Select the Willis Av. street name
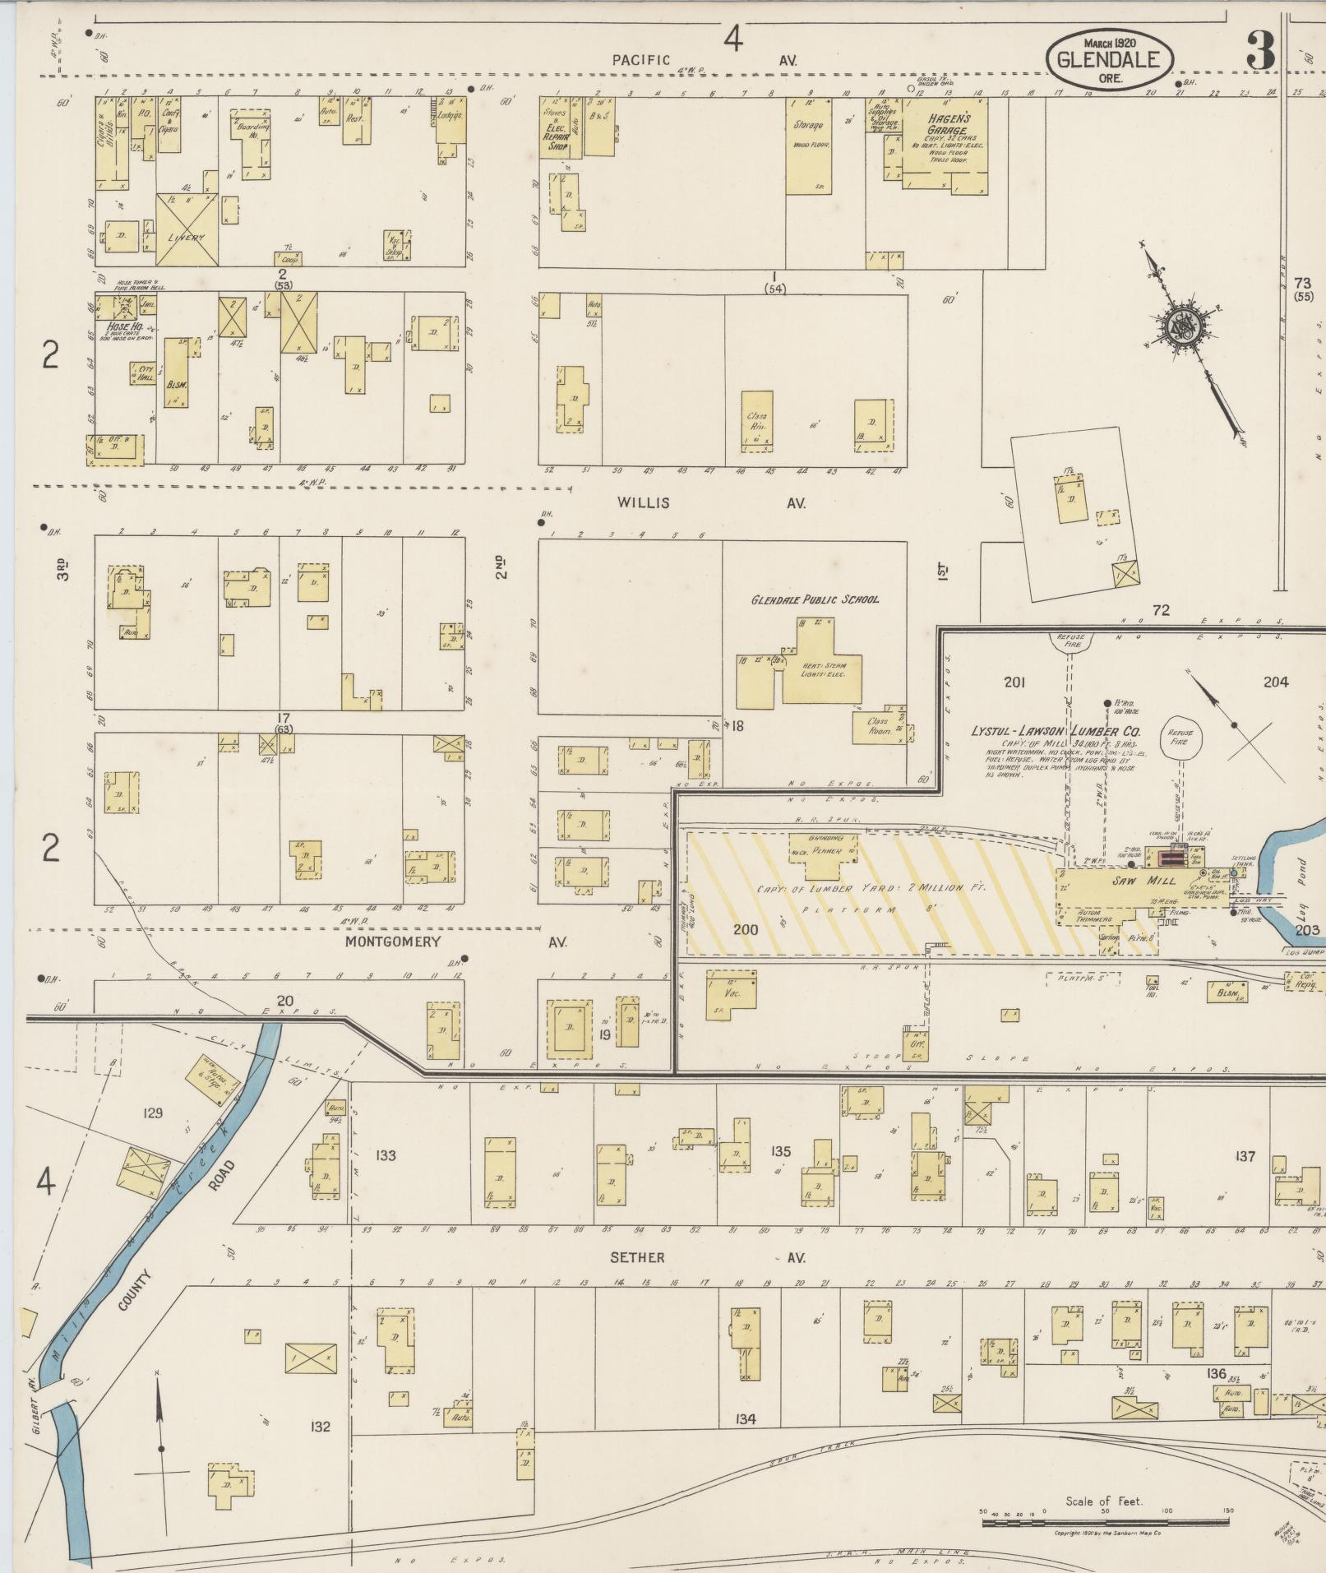(x=711, y=502)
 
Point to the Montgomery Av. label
(x=455, y=941)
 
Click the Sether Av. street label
(x=707, y=1257)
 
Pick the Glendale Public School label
(x=815, y=599)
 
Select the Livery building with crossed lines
(x=187, y=230)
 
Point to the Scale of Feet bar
(x=1104, y=1522)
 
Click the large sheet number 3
(x=1260, y=51)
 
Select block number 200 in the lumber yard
(x=746, y=929)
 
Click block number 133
(x=385, y=1155)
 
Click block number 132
(x=320, y=1426)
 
